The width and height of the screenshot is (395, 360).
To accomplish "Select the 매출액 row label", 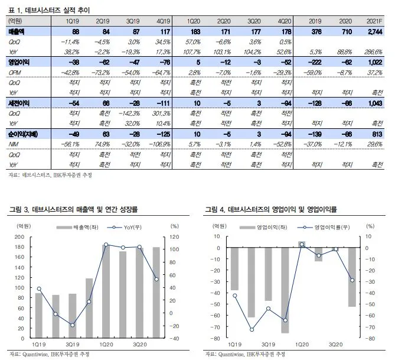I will tap(16, 30).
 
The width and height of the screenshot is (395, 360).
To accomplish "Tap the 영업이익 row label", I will tap(18, 62).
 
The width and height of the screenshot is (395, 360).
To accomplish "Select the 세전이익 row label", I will tap(18, 103).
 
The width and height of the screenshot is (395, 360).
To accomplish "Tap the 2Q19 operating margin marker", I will tap(252, 330).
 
